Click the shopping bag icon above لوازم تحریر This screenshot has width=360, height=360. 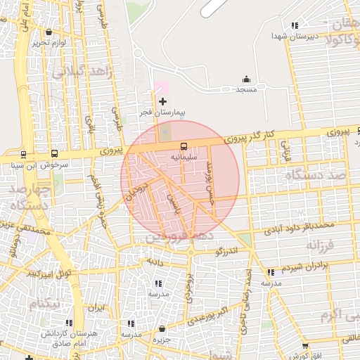tap(48, 32)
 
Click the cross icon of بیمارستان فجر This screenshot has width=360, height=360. tap(163, 102)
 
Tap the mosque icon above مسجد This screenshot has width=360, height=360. tap(246, 79)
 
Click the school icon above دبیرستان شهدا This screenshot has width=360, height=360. tap(294, 25)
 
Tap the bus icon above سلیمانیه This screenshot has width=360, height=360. tap(184, 146)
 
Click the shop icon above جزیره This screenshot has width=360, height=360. tap(162, 328)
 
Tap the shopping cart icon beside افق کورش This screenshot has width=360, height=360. tap(304, 345)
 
